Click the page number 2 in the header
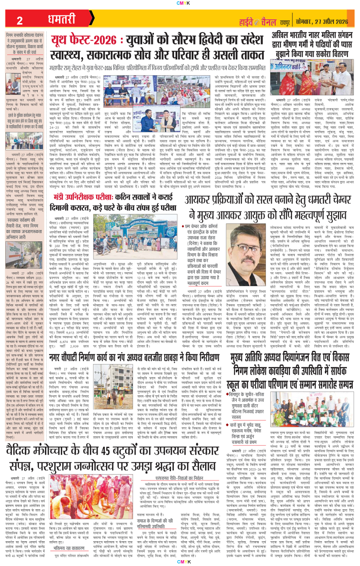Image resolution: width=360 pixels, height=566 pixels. point(19,20)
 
